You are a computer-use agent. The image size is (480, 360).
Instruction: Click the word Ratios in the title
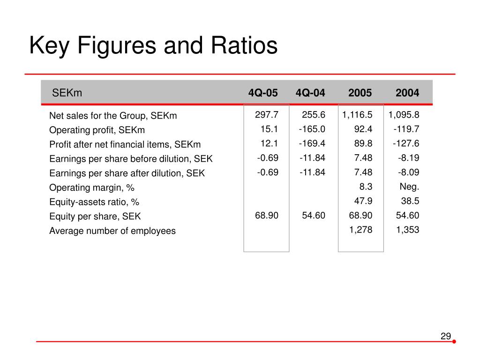point(244,45)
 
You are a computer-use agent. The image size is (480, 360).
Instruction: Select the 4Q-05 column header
point(263,93)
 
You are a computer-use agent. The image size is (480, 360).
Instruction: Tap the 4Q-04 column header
point(310,93)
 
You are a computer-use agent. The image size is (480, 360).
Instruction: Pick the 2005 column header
point(360,93)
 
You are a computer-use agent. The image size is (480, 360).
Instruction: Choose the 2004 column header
point(407,93)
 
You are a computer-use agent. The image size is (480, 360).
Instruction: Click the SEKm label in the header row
point(67,93)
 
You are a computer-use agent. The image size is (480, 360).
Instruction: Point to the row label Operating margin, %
point(92,187)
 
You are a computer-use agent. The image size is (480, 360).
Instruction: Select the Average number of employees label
point(112,231)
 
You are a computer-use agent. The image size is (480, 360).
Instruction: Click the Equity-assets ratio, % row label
point(94,202)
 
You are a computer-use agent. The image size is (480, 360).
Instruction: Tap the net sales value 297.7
point(267,115)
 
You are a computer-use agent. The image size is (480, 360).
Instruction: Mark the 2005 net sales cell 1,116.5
point(357,115)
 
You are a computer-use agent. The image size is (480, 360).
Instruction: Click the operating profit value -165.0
point(312,129)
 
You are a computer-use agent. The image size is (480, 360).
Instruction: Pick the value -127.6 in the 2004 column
point(406,143)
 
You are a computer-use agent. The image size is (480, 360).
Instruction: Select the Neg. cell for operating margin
point(409,187)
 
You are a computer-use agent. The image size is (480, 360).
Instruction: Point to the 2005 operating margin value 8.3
point(366,187)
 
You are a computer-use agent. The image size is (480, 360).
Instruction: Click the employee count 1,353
point(407,230)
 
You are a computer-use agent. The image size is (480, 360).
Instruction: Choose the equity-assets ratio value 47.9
point(363,201)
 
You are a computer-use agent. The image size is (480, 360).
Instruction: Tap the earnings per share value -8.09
point(408,172)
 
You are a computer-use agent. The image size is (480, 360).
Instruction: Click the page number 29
point(446,336)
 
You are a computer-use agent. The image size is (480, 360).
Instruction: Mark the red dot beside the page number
point(454,342)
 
